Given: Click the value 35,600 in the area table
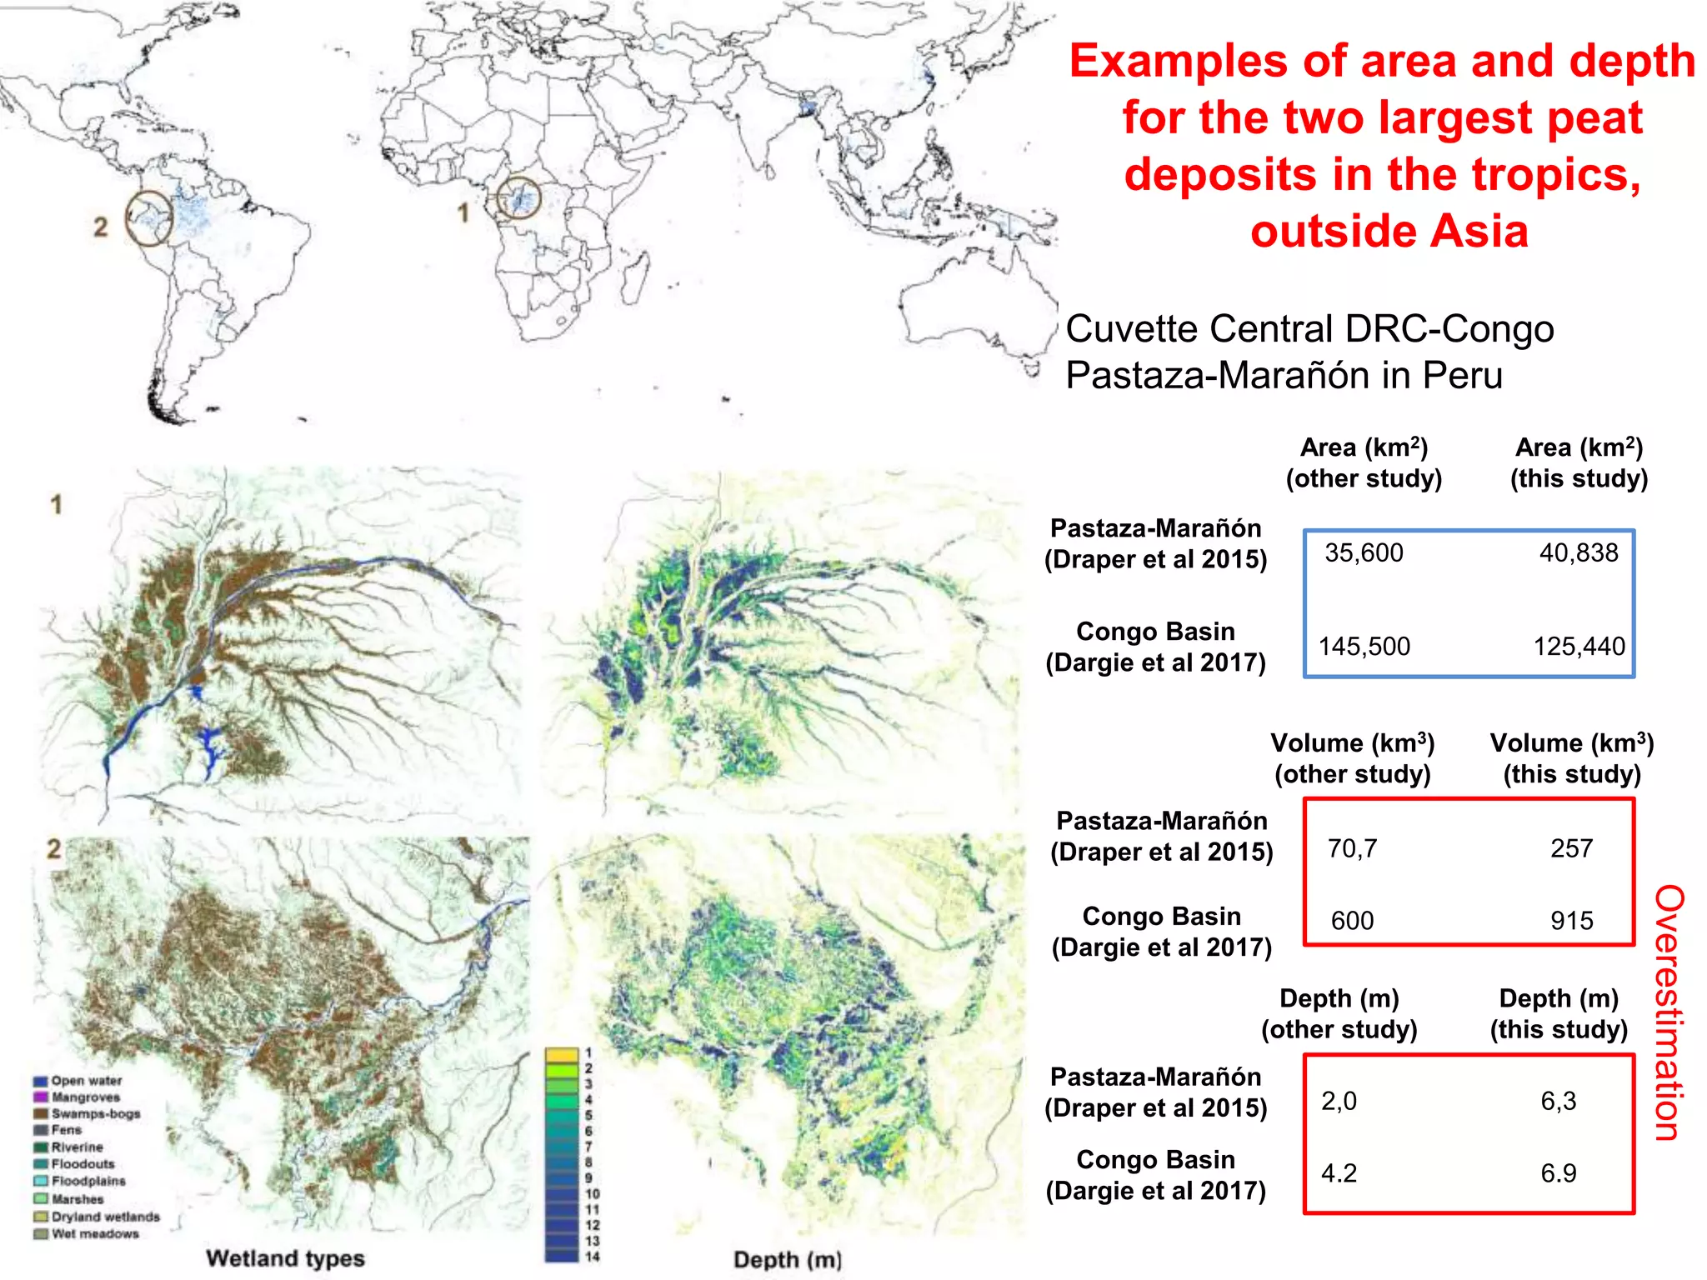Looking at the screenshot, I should click(1364, 553).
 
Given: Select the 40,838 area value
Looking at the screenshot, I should click(1578, 553).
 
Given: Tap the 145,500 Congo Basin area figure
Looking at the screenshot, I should click(1364, 647).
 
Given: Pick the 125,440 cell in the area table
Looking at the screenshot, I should click(1579, 647).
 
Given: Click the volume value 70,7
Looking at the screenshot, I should click(1352, 849).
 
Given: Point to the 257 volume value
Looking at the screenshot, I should click(1571, 849).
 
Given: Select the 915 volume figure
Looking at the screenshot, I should click(1571, 921).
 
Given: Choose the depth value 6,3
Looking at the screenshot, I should click(1558, 1102).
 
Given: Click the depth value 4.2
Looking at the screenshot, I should click(1339, 1173).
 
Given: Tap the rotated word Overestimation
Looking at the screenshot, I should click(1669, 1012).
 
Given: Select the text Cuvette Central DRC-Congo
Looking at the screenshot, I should click(1309, 329).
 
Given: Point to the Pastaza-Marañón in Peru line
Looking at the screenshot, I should click(1284, 375).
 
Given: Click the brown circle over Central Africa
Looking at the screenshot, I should click(518, 199).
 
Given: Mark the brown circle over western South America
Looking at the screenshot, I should click(149, 218).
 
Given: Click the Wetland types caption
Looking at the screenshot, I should click(285, 1258).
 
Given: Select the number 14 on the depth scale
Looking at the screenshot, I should click(593, 1257).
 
